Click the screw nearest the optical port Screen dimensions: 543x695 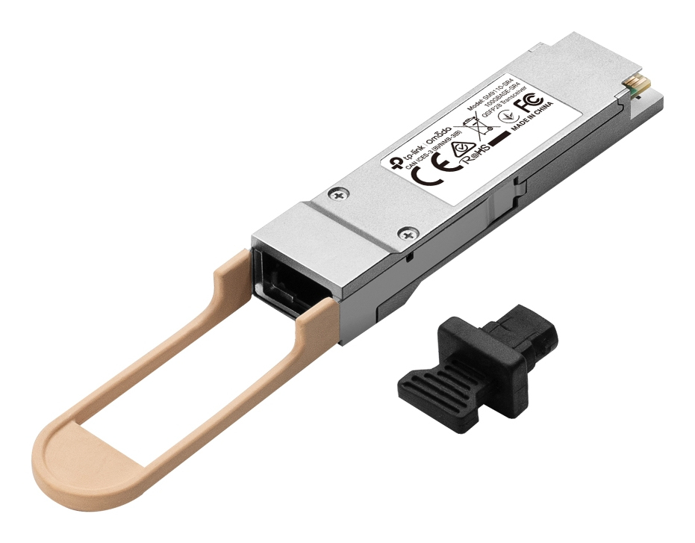click(x=407, y=235)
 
